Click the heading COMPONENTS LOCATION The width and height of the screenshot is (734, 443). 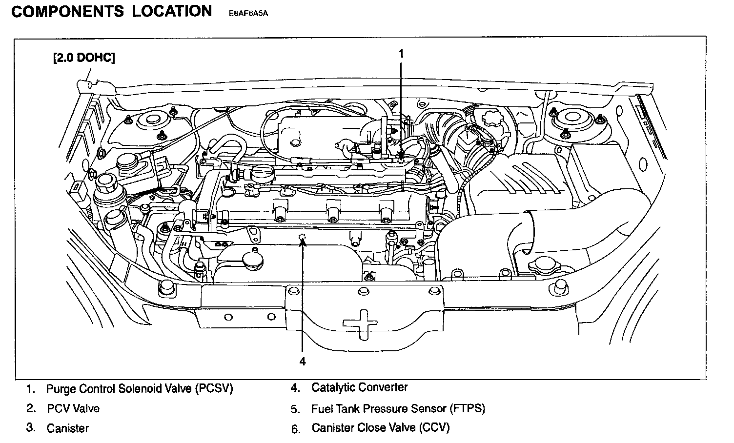[x=111, y=12]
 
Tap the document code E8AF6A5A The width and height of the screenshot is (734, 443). [x=248, y=14]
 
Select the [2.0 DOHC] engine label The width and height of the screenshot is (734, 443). [x=84, y=58]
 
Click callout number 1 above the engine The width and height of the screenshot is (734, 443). [x=401, y=54]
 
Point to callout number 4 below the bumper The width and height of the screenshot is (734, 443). [x=303, y=362]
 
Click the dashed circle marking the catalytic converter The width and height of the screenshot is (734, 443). [x=303, y=238]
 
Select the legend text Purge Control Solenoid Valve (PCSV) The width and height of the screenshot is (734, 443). [x=140, y=389]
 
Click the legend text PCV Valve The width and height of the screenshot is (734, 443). [x=73, y=408]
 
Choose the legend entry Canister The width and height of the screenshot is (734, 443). [x=68, y=428]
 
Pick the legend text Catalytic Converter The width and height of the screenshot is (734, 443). [x=359, y=388]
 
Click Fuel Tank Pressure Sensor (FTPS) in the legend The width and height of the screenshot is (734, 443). [x=398, y=408]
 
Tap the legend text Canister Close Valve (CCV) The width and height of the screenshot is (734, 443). [x=380, y=428]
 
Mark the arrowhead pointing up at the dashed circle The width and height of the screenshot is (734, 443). [x=303, y=244]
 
